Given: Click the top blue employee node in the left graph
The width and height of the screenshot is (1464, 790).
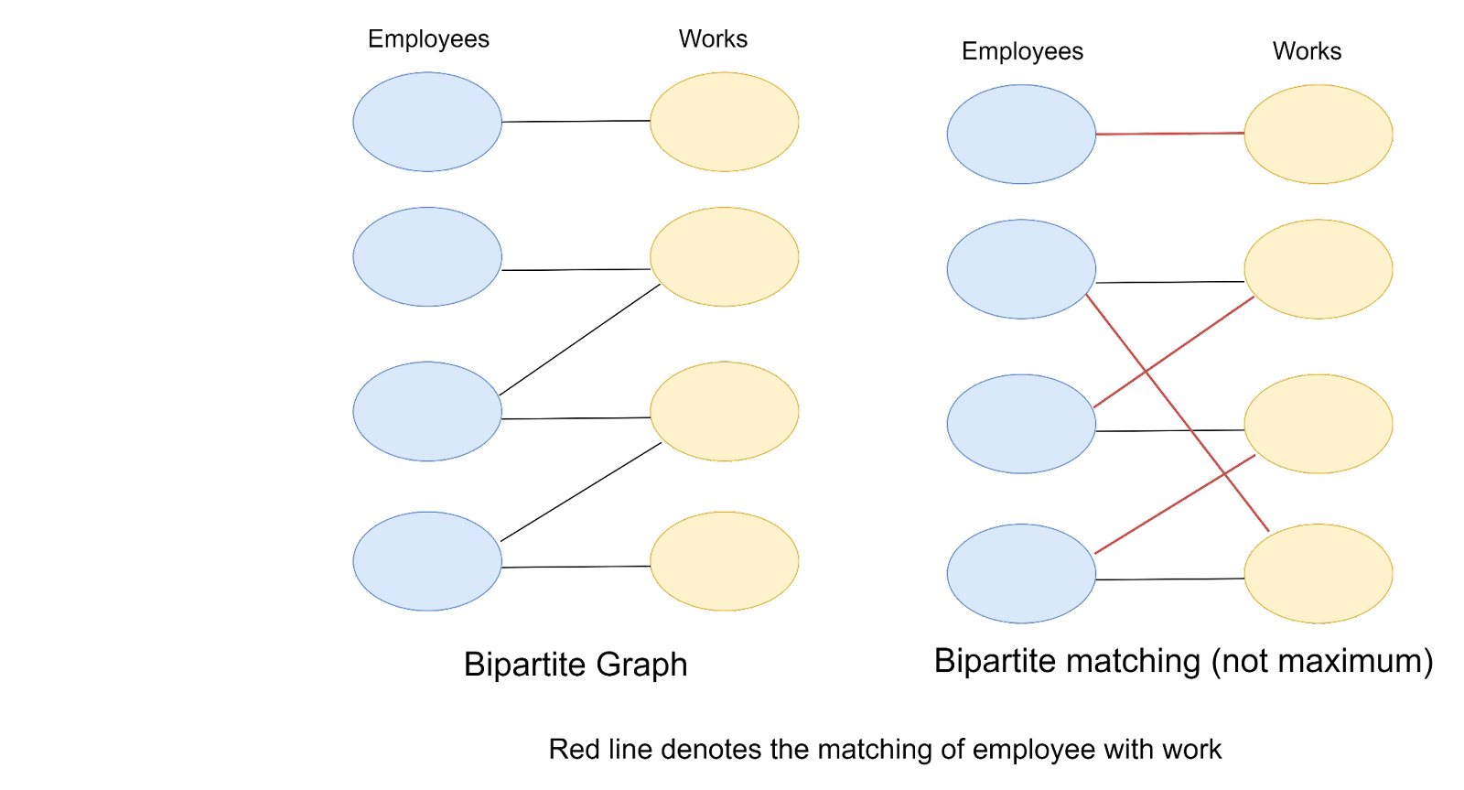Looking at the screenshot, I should (427, 122).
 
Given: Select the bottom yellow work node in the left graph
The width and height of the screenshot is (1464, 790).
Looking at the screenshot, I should (724, 560).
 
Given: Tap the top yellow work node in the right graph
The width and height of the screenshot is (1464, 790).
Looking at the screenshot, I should (1318, 135).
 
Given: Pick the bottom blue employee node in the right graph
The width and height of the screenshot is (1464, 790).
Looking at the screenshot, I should (1021, 574).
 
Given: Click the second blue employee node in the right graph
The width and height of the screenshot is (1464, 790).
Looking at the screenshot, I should (1021, 269).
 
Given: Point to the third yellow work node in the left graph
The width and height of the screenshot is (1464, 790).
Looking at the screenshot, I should (724, 411).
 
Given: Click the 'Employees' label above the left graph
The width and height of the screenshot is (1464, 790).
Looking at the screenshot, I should (428, 39).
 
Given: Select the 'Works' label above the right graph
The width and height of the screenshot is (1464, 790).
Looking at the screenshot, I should (1307, 51).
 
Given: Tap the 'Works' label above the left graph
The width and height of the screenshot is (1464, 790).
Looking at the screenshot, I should (713, 39).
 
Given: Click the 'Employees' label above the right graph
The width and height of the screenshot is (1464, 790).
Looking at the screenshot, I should (1022, 51).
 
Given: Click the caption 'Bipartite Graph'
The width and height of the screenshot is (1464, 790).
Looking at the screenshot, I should (575, 665).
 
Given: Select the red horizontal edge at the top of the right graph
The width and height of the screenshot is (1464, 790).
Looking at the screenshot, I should (1169, 135).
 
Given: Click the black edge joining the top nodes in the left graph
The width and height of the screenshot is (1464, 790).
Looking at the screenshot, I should (576, 122).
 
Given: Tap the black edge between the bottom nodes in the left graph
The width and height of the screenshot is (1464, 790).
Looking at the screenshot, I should (576, 568).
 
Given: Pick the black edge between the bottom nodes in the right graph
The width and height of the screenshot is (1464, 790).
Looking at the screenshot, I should (1169, 579).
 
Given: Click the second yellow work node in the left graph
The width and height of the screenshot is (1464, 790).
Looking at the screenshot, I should (724, 256).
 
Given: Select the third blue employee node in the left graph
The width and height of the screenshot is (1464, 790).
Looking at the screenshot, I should (427, 411).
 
